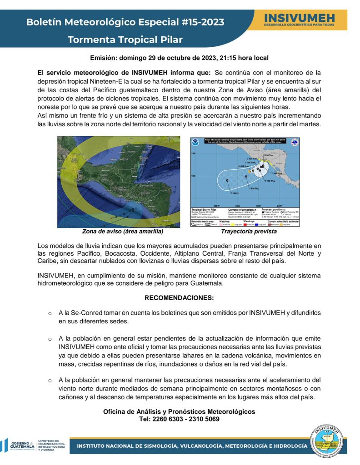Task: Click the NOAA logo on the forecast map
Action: tap(196, 143)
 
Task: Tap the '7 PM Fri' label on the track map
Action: tap(235, 193)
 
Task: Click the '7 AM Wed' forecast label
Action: tap(277, 173)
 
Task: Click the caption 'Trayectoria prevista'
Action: tap(249, 232)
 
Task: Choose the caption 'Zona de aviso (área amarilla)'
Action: tap(123, 232)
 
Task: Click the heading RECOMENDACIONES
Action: tap(179, 298)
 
